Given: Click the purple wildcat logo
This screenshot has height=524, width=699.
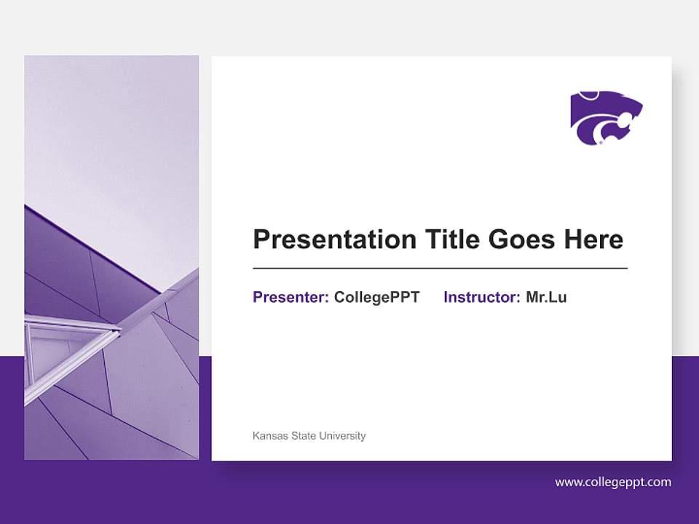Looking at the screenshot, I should (606, 118).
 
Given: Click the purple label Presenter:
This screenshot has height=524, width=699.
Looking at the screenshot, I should (291, 297).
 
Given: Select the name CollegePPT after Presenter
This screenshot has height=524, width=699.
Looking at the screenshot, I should (376, 297).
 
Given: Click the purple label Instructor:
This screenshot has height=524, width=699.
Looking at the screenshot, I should (481, 297).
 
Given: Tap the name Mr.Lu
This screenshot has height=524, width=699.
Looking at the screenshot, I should (546, 297).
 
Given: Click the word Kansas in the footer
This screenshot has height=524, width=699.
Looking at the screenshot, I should (270, 436).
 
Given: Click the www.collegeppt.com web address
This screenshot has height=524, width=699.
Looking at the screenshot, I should (613, 482).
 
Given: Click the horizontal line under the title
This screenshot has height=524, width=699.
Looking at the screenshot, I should (440, 268).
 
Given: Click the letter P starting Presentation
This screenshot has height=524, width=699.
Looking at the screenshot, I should (261, 239).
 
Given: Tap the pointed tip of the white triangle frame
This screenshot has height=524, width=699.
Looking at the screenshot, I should (119, 332).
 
